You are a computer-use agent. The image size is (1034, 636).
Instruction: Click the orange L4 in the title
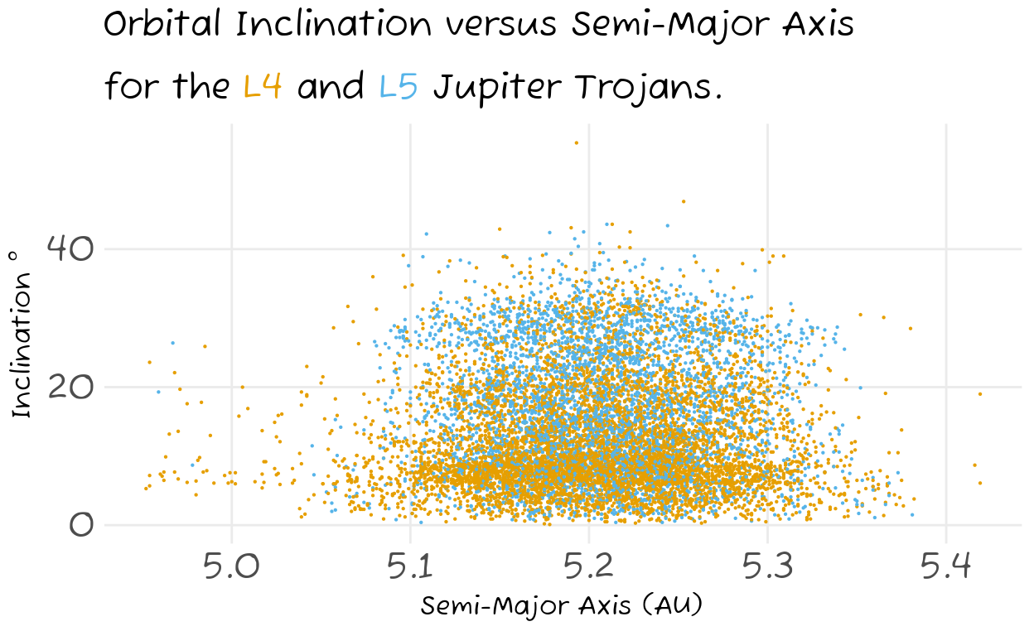(x=262, y=85)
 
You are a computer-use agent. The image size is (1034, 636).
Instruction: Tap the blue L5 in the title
(x=399, y=85)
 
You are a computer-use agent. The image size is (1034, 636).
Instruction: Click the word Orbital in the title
(x=162, y=23)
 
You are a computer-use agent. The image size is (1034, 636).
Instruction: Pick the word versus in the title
(x=500, y=26)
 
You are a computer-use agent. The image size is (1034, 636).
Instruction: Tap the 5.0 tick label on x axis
(x=231, y=566)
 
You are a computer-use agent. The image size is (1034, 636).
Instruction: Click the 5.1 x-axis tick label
(x=410, y=566)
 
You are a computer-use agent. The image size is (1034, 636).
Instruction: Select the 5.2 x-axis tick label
(x=588, y=566)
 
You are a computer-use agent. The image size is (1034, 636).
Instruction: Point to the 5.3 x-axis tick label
(x=767, y=566)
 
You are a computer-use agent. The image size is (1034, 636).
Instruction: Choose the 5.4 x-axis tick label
(x=946, y=566)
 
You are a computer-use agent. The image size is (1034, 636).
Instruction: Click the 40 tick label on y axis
(x=70, y=248)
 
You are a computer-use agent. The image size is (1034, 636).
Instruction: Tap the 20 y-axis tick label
(x=70, y=387)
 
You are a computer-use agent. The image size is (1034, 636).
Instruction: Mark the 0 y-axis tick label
(x=82, y=525)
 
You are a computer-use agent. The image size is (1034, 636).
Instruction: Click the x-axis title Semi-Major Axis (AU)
(x=561, y=605)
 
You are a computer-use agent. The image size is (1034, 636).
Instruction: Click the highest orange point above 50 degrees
(x=576, y=142)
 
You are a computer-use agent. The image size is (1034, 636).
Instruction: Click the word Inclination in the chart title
(x=334, y=23)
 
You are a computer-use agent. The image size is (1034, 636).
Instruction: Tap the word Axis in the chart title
(x=818, y=23)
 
